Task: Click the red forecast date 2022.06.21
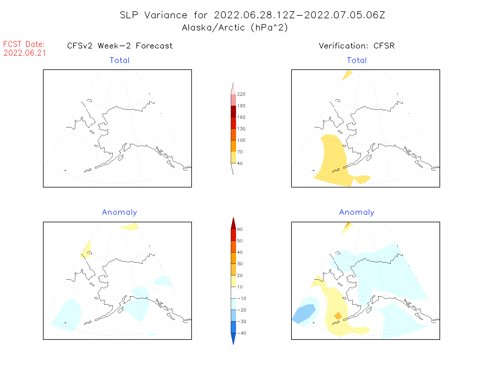[25, 53]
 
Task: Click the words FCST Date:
[24, 44]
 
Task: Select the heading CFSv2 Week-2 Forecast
[120, 46]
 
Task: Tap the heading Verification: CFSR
[356, 46]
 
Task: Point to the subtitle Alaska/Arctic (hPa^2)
[235, 28]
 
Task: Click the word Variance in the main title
[166, 15]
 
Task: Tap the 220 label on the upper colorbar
[241, 94]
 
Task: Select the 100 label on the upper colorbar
[241, 140]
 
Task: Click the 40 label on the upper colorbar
[240, 163]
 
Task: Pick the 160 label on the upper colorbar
[241, 117]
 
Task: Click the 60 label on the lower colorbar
[240, 229]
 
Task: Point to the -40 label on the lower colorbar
[242, 333]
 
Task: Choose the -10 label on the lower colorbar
[242, 298]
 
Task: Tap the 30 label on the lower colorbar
[240, 264]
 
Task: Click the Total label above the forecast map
[120, 60]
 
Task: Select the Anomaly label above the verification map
[357, 212]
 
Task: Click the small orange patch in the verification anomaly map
[338, 316]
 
